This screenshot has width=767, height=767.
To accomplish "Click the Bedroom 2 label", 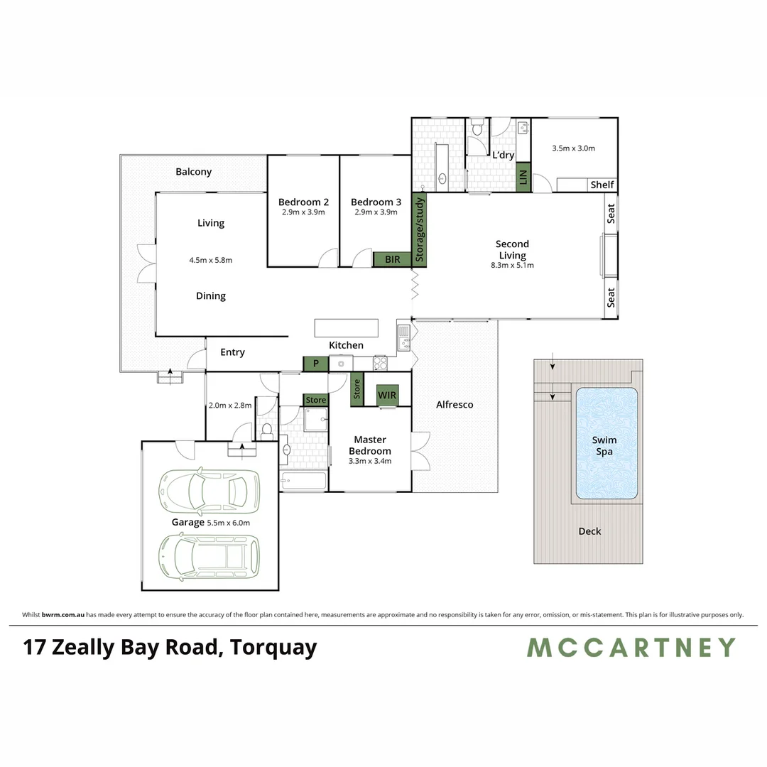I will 303,202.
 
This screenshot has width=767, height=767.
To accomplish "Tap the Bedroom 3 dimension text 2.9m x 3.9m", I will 375,212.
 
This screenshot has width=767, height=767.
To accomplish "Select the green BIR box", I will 392,260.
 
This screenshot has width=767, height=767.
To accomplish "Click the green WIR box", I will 387,395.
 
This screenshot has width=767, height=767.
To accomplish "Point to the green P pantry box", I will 315,363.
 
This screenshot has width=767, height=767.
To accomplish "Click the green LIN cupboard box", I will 523,177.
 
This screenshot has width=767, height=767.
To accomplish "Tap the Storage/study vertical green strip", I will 419,230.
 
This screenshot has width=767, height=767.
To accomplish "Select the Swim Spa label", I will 604,445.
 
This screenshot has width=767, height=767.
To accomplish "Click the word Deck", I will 589,531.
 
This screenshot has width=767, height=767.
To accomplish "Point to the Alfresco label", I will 455,405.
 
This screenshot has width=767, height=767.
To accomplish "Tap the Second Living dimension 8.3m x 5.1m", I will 512,265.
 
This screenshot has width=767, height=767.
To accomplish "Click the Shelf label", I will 602,185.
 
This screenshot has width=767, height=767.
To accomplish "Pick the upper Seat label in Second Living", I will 611,214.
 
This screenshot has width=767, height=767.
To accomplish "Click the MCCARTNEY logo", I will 631,648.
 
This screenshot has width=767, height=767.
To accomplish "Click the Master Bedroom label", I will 370,445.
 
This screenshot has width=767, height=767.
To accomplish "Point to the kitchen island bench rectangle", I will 347,327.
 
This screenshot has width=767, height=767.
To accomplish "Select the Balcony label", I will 193,172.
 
